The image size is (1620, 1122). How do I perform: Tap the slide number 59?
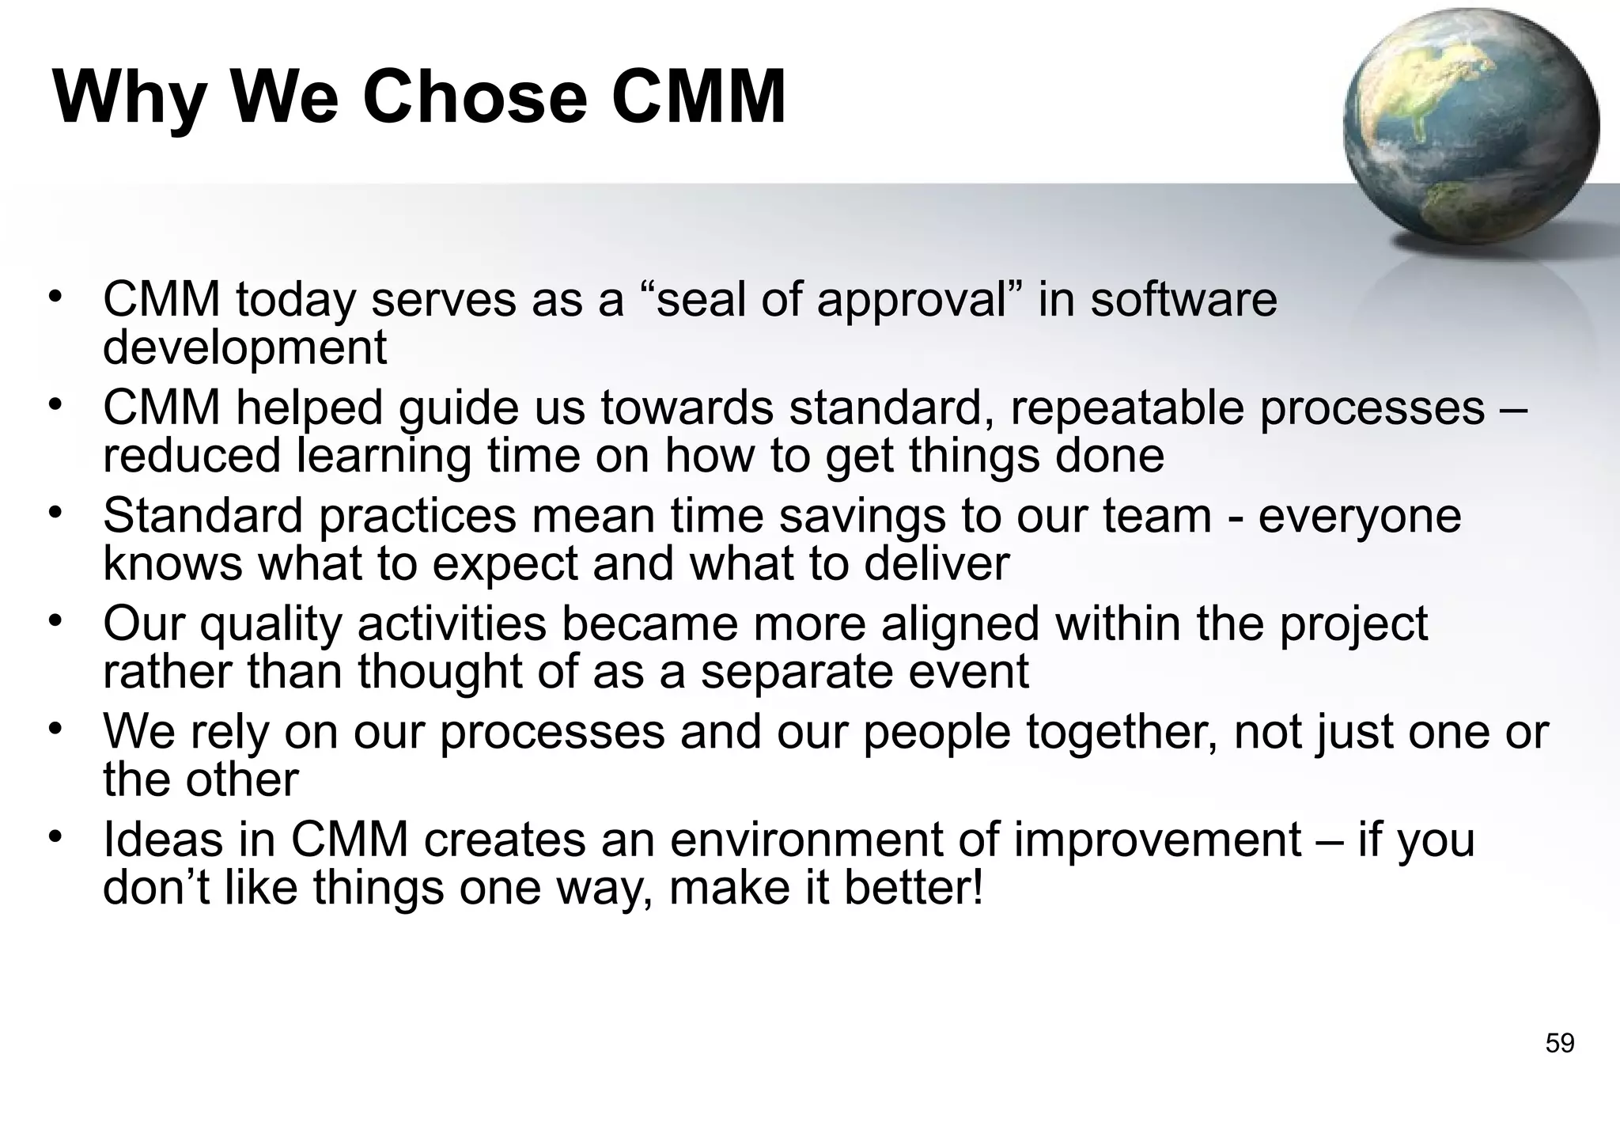tap(1559, 1044)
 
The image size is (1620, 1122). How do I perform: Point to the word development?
tap(244, 348)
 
